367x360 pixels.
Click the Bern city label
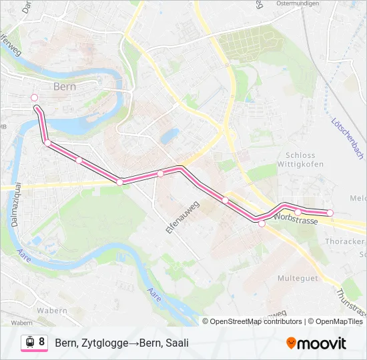pyautogui.click(x=65, y=87)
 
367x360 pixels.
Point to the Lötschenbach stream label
pyautogui.click(x=348, y=133)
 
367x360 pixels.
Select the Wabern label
pyautogui.click(x=52, y=311)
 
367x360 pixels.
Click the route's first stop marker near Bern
pyautogui.click(x=35, y=97)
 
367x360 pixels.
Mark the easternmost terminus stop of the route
pyautogui.click(x=330, y=213)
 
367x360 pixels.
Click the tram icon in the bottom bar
pyautogui.click(x=29, y=343)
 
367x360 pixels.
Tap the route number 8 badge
pyautogui.click(x=42, y=342)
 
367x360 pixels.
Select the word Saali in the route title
pyautogui.click(x=177, y=343)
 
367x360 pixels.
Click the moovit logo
pyautogui.click(x=316, y=343)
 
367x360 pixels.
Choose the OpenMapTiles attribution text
pyautogui.click(x=336, y=321)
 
